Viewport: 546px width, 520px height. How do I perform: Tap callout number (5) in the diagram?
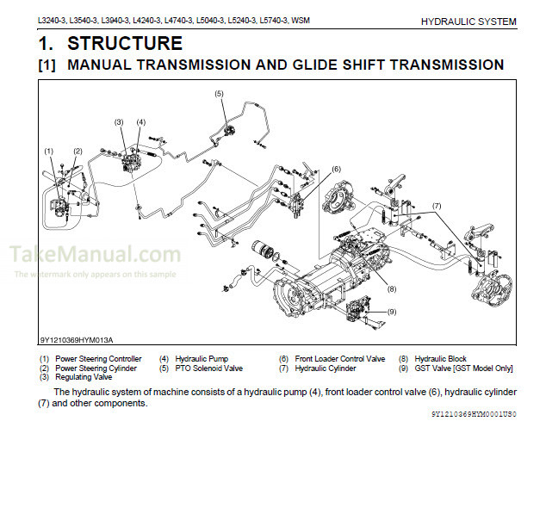[219, 93]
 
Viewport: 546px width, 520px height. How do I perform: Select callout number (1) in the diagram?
[49, 152]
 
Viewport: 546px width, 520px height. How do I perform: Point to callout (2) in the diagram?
[78, 152]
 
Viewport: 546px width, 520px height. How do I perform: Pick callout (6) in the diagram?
[336, 169]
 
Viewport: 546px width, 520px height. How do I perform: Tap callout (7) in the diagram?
[437, 206]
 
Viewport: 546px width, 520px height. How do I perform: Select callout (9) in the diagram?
[391, 311]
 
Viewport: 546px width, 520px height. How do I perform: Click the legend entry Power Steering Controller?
[98, 359]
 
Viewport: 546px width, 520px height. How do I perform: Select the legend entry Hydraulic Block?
[440, 359]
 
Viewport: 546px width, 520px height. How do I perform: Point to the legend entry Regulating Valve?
[84, 377]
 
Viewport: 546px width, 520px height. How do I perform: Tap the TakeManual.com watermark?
[96, 254]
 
